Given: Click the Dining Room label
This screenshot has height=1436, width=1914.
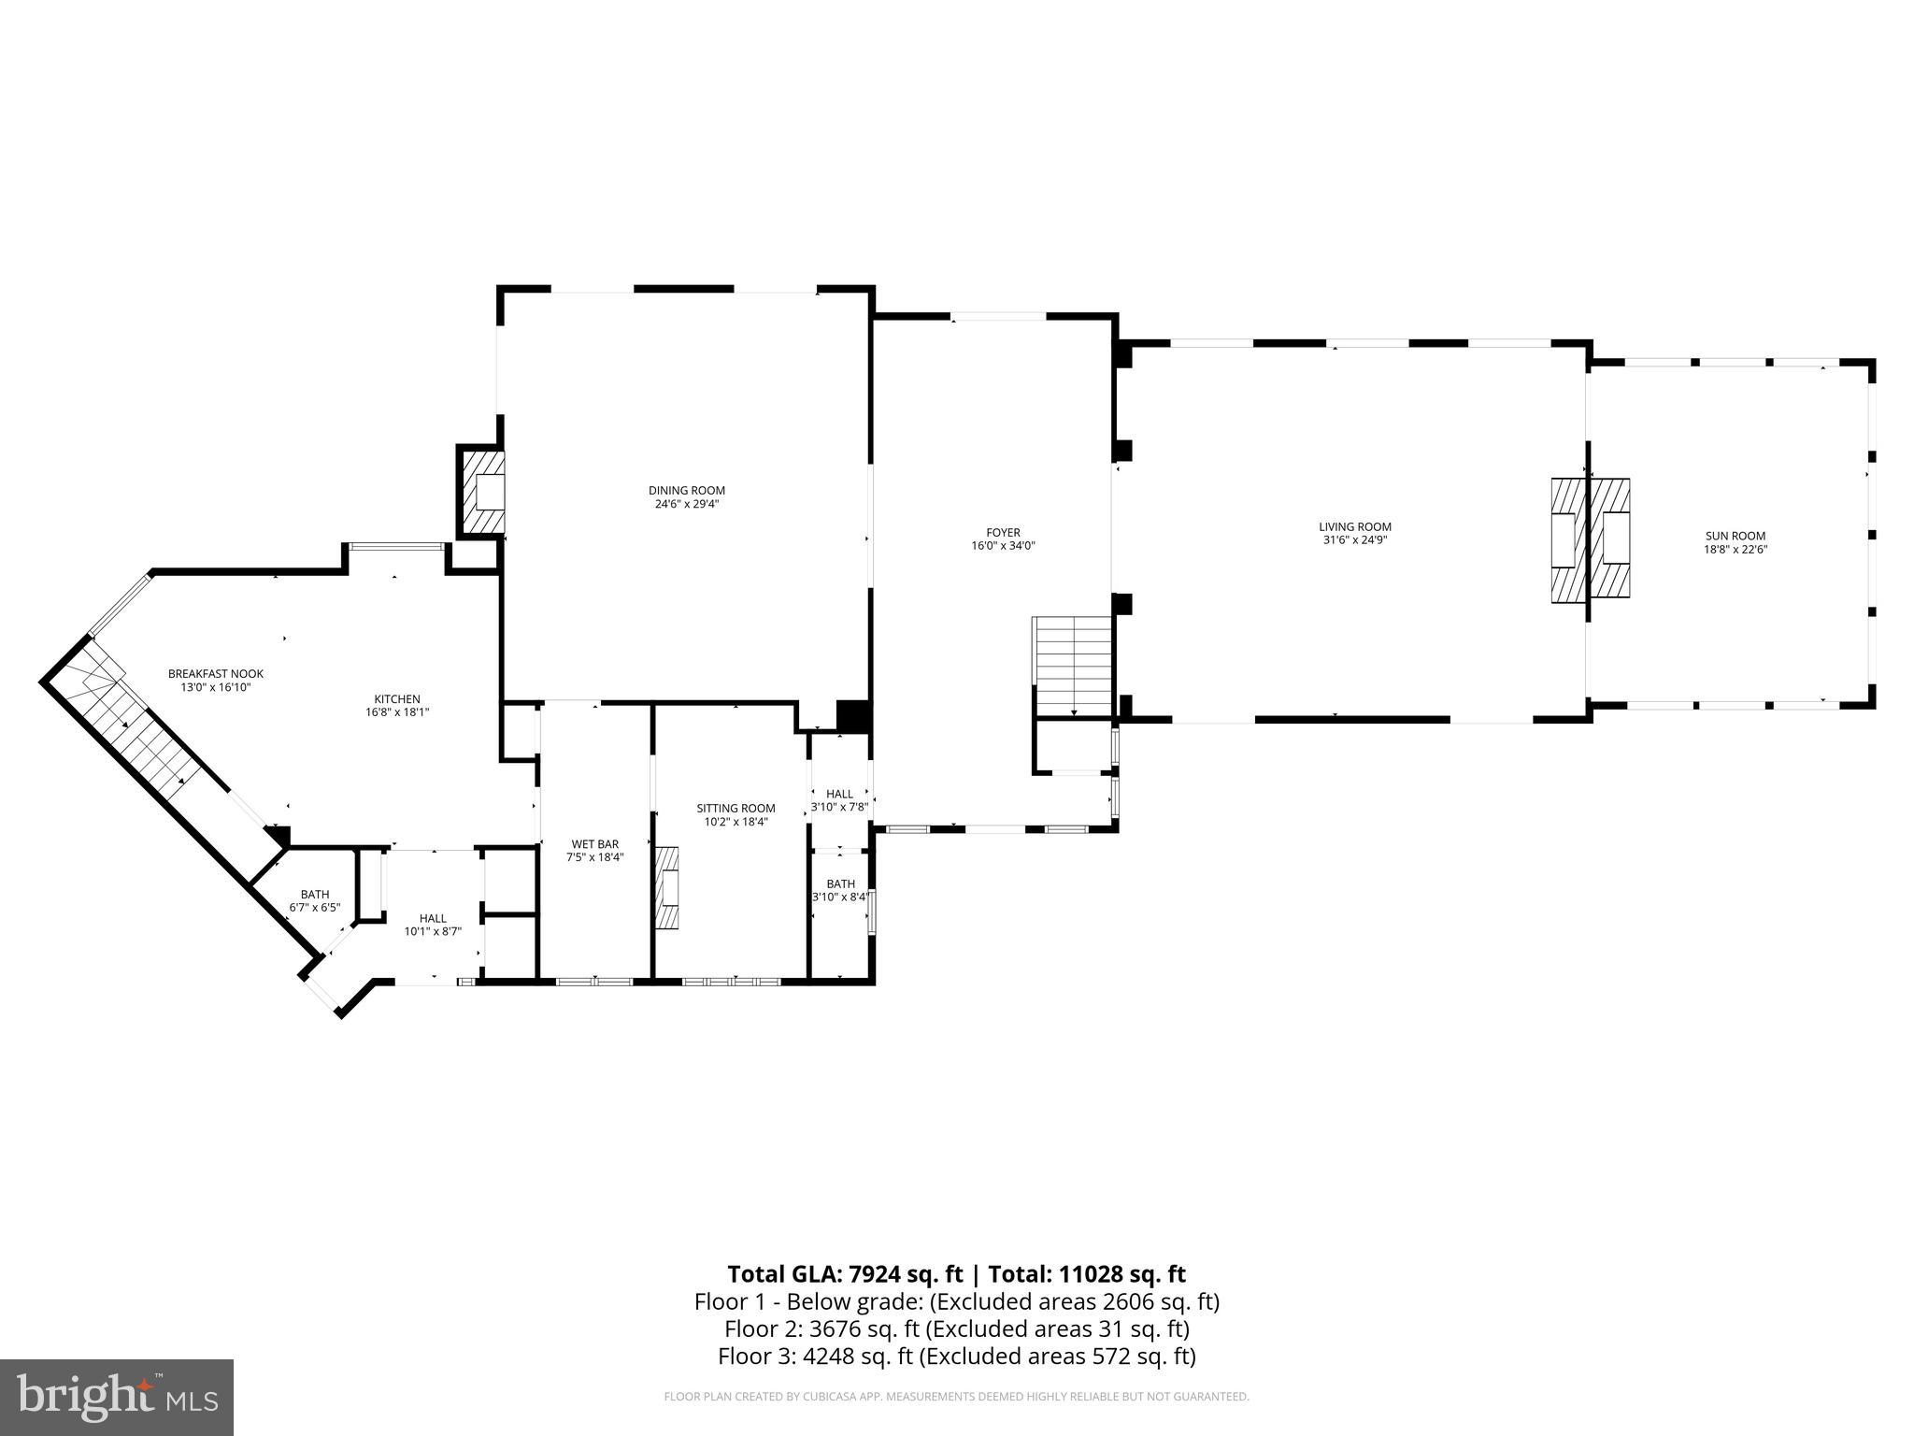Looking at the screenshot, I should (x=686, y=491).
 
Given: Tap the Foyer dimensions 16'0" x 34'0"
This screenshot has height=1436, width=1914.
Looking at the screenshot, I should (x=1003, y=546).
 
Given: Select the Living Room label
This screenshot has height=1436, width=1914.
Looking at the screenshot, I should (x=1354, y=527).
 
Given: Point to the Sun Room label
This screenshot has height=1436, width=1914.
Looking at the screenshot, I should (x=1735, y=537).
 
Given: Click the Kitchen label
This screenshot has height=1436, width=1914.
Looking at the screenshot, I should (x=397, y=699).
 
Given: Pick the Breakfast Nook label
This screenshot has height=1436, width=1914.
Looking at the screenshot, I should (x=216, y=674).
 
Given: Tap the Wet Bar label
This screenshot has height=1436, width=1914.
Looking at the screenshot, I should (x=594, y=844).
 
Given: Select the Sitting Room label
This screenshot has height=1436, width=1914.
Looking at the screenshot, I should (x=736, y=809).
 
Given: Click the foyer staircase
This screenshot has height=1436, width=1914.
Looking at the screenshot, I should (x=1073, y=666).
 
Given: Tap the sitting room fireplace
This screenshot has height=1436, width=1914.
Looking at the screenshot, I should (x=667, y=888).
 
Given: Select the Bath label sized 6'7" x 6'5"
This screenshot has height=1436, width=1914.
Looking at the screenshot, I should (x=315, y=895).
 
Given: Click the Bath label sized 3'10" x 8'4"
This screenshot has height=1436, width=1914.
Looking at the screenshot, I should (x=840, y=884).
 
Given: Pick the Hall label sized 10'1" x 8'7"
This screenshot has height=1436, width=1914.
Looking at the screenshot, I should (x=433, y=919).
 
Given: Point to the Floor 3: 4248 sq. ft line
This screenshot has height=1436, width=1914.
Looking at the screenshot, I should (x=956, y=1356).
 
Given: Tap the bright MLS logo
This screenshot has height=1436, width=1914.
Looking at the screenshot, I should (x=117, y=1397).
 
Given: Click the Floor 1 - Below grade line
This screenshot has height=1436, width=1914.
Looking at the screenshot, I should (x=956, y=1301).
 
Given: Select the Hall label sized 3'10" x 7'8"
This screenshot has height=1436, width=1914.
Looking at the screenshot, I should (x=839, y=795).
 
